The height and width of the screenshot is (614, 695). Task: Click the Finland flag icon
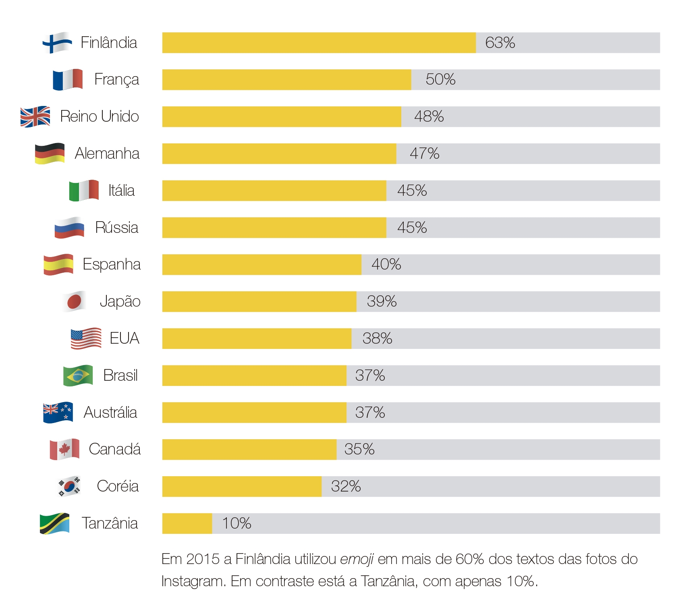click(x=57, y=43)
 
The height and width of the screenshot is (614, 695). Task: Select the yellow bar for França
click(x=286, y=80)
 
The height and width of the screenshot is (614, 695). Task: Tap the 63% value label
click(x=500, y=43)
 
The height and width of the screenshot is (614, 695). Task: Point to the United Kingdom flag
click(x=35, y=117)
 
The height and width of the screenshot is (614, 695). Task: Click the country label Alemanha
click(x=107, y=153)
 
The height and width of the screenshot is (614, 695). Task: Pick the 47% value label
click(x=424, y=153)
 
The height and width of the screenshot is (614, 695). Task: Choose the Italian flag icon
click(x=84, y=191)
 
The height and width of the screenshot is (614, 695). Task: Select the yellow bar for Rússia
click(x=274, y=228)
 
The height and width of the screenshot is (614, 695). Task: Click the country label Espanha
click(x=112, y=265)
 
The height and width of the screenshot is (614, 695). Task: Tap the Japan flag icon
click(x=75, y=301)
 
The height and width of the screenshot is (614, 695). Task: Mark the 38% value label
click(x=377, y=338)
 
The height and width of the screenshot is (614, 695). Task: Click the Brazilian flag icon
click(x=78, y=375)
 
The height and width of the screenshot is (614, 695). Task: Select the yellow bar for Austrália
click(x=254, y=413)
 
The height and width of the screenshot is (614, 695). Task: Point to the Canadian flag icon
click(x=64, y=449)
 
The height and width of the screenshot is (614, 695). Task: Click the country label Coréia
click(x=118, y=486)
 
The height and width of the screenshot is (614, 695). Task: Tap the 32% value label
click(x=346, y=486)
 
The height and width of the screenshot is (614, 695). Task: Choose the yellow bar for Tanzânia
click(x=187, y=523)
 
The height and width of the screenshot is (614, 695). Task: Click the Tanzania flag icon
click(x=55, y=523)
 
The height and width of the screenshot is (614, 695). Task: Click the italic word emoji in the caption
click(x=357, y=560)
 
